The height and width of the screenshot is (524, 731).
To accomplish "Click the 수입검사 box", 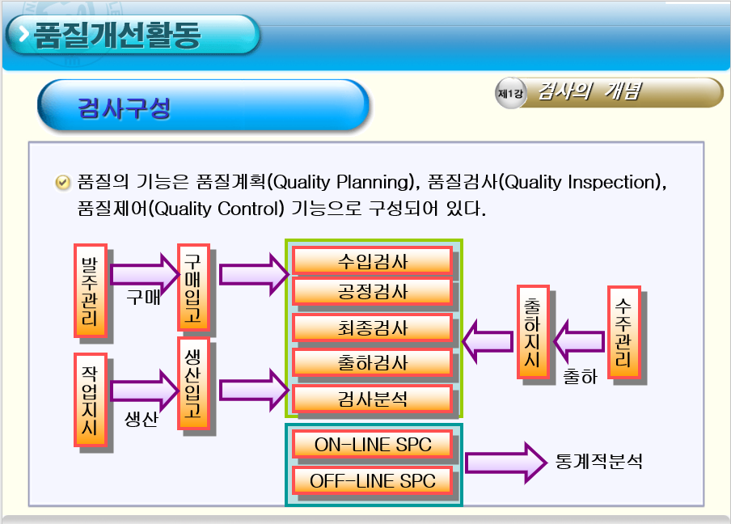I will tap(372, 260).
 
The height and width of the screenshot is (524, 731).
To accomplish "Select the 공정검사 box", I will tap(372, 290).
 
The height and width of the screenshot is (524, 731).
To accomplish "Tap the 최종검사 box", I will tap(372, 327).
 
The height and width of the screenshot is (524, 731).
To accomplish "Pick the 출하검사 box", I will tap(372, 362).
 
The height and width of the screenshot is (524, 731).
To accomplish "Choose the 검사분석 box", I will tap(372, 398).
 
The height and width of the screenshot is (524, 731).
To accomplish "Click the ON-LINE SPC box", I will tap(372, 444).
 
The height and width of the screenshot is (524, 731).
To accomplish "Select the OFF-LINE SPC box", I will tap(372, 480).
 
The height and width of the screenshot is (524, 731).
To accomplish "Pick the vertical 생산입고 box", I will tap(192, 383).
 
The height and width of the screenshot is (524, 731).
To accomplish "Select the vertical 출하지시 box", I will tap(532, 332).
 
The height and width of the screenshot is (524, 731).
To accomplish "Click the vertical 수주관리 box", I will tap(623, 332).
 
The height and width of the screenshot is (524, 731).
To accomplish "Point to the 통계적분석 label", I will tap(599, 463).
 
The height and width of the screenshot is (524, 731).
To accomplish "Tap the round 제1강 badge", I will tap(510, 93).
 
